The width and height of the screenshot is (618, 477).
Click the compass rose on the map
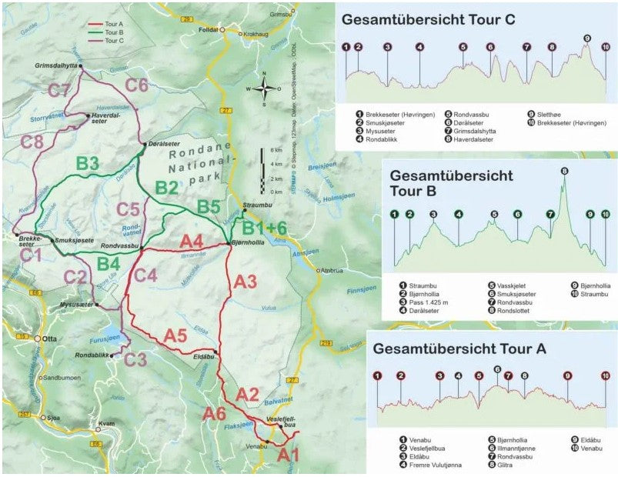pyautogui.click(x=264, y=88)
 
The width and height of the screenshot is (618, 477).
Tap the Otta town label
pyautogui.click(x=52, y=339)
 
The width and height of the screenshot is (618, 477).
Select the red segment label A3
pyautogui.click(x=245, y=282)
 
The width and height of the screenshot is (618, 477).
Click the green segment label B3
pyautogui.click(x=88, y=163)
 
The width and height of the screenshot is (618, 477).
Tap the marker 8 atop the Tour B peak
pyautogui.click(x=564, y=171)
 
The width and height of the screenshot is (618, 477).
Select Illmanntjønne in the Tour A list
pyautogui.click(x=514, y=447)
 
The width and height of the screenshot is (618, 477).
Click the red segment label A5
pyautogui.click(x=176, y=335)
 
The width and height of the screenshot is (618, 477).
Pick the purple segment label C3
pyautogui.click(x=135, y=359)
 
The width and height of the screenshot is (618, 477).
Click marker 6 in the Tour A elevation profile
pyautogui.click(x=497, y=369)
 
